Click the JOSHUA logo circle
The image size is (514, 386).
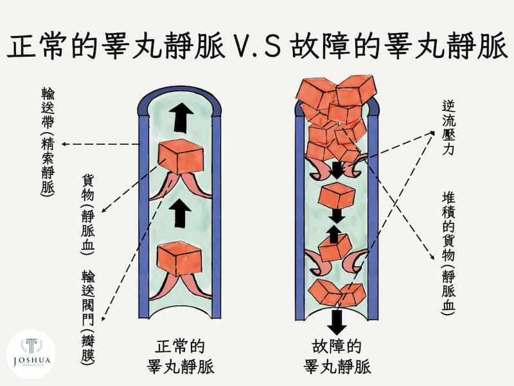coord(30,354)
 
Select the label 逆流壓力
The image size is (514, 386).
coord(448,127)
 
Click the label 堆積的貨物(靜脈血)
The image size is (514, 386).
coord(448,253)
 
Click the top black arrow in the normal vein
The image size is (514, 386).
coord(181,118)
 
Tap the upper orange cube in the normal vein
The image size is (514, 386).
coord(181,156)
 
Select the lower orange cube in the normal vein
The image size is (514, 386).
coord(179,259)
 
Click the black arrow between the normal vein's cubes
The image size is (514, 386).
coord(181,213)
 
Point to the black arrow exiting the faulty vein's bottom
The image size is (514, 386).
coord(337,322)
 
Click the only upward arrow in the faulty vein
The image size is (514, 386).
coord(333,234)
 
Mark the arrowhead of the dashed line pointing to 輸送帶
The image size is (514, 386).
coord(64,143)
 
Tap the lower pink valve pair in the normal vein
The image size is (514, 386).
coord(181,287)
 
